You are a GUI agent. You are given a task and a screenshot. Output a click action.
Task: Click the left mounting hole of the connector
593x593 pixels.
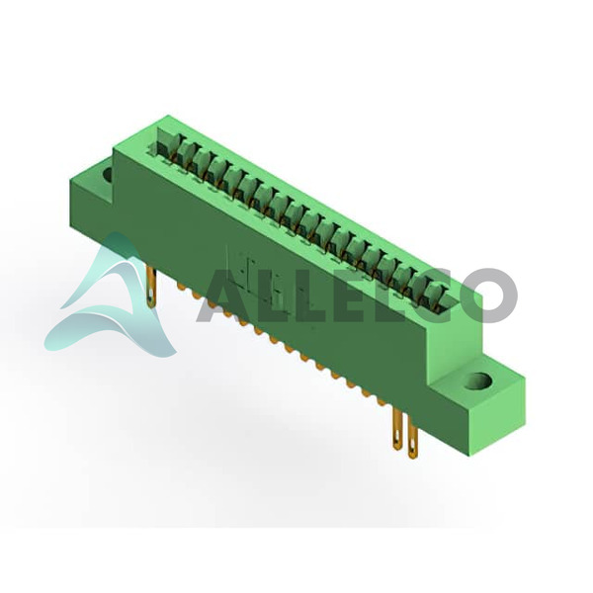coord(108,174)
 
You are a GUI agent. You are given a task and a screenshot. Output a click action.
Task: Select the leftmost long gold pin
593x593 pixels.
coord(151,287)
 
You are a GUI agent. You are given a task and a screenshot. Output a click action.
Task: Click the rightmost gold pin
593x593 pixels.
coord(412,437)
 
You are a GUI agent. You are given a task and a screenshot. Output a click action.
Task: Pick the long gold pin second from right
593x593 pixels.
coord(397,430)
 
